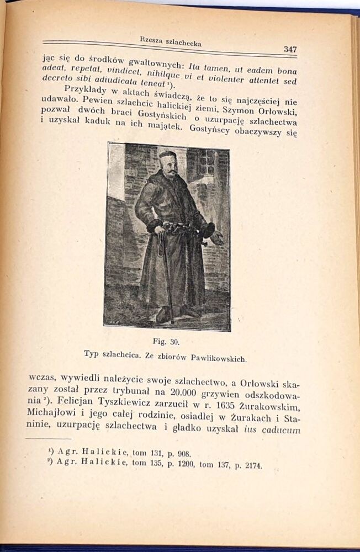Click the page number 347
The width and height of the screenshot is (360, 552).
click(290, 49)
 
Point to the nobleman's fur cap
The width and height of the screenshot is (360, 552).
click(167, 155)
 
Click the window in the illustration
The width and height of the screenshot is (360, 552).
click(207, 162)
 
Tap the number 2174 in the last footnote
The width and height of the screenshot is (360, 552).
click(251, 466)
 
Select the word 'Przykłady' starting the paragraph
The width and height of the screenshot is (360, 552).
click(84, 90)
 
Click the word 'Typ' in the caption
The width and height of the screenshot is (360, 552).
click(92, 353)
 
